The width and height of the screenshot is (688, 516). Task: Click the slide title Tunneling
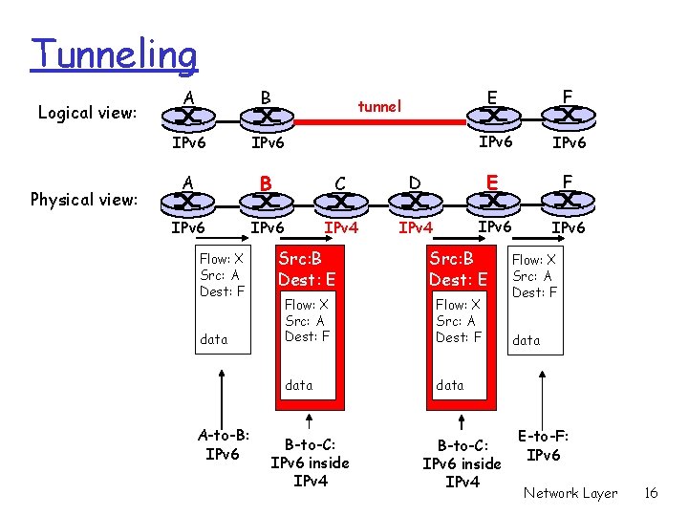(114, 54)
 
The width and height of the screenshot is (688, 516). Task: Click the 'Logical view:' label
(87, 113)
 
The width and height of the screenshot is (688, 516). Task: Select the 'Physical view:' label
(85, 200)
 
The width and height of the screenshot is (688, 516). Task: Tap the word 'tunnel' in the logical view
(379, 106)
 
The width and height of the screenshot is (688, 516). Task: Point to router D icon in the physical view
(415, 203)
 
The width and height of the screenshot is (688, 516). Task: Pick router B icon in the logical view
(263, 118)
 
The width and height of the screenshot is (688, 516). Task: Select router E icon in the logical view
(491, 118)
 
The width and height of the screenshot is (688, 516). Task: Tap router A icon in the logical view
(188, 118)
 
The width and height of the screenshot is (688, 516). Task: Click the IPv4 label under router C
(341, 228)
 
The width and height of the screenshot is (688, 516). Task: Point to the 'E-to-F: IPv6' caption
(543, 445)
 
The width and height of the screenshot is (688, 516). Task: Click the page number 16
(651, 493)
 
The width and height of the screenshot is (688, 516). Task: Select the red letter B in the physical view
(268, 182)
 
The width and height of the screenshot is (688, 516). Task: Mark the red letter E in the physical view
(490, 182)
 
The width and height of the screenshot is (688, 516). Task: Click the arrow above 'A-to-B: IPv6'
(223, 392)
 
